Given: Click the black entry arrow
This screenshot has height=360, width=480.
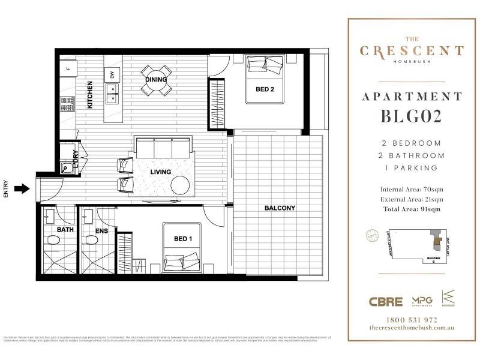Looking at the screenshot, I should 22,189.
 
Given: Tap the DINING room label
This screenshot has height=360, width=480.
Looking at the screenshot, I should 156,80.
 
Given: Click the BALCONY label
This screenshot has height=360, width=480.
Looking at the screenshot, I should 280,208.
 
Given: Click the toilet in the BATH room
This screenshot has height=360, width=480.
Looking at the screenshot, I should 53,241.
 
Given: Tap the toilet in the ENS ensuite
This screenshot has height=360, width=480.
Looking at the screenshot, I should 91,241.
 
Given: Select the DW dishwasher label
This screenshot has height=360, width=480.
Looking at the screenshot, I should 112,74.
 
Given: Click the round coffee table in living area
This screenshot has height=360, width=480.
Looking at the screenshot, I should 180,185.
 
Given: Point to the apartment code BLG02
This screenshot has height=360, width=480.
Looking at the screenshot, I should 412,117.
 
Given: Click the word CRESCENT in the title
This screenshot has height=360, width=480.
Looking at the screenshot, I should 412,52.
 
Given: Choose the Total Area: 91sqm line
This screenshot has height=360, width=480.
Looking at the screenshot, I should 412,209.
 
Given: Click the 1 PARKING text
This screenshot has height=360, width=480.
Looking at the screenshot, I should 412,168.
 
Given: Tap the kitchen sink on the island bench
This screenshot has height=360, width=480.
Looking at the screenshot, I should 112,93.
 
